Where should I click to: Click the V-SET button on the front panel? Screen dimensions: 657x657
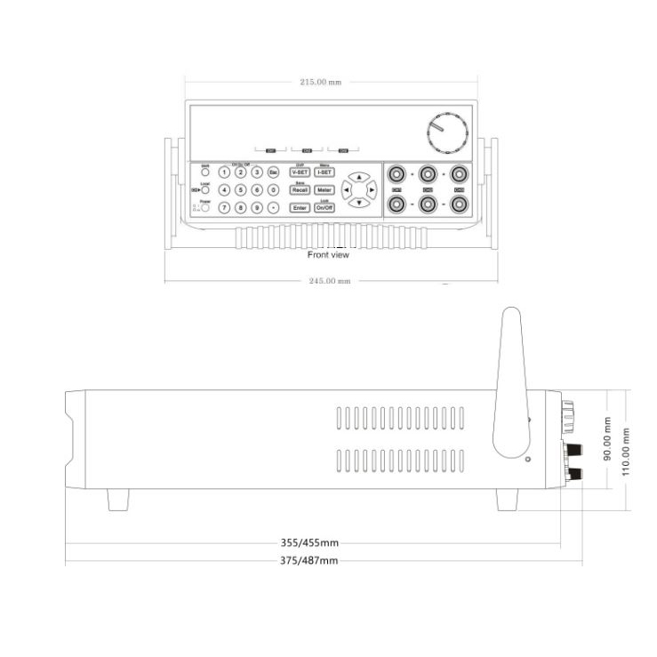tap(299, 172)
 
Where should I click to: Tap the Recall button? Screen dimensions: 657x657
tap(300, 189)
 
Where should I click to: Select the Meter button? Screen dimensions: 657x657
tap(324, 189)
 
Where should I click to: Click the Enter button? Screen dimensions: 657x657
tap(300, 207)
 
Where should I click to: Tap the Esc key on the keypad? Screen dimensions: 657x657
tap(273, 172)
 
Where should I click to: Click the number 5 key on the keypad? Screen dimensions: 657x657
tap(240, 189)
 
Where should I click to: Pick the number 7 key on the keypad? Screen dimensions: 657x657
tap(224, 207)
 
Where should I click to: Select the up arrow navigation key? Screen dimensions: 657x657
tap(358, 177)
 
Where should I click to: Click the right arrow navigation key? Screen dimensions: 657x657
tap(372, 189)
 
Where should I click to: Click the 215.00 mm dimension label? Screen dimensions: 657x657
tap(320, 82)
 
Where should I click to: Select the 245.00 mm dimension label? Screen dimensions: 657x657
tap(330, 281)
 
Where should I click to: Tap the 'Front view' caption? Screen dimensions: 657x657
tap(328, 255)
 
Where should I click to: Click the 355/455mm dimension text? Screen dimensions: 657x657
tap(308, 542)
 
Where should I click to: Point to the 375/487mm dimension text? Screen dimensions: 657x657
tap(308, 560)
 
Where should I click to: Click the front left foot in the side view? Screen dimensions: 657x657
tap(118, 500)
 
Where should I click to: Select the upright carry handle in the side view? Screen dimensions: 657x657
tap(511, 382)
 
